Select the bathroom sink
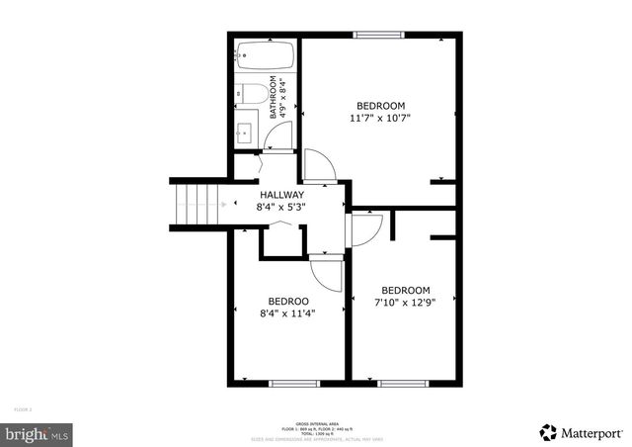tap(246, 131)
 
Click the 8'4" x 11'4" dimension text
tap(287, 313)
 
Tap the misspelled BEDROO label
tap(288, 301)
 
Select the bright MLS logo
tap(38, 433)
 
